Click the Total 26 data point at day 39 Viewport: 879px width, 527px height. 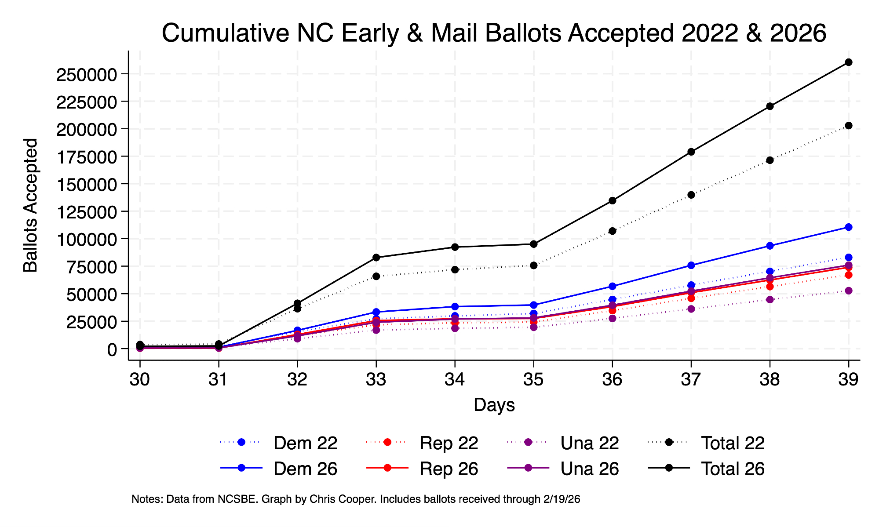click(x=848, y=62)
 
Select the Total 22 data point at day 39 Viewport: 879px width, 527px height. click(x=848, y=126)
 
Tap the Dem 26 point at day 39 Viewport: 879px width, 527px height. click(x=848, y=227)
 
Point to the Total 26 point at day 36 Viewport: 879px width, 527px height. click(x=612, y=201)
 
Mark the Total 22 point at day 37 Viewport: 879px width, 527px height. click(x=691, y=195)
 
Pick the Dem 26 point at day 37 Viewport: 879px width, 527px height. click(x=691, y=265)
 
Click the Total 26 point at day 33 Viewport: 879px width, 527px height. click(x=376, y=258)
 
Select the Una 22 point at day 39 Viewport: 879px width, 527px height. click(x=848, y=291)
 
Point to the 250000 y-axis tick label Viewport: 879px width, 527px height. click(x=86, y=74)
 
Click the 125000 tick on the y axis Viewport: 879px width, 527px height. click(x=86, y=211)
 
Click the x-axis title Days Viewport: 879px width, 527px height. click(x=494, y=405)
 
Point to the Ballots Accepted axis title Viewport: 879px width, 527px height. click(x=31, y=205)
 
